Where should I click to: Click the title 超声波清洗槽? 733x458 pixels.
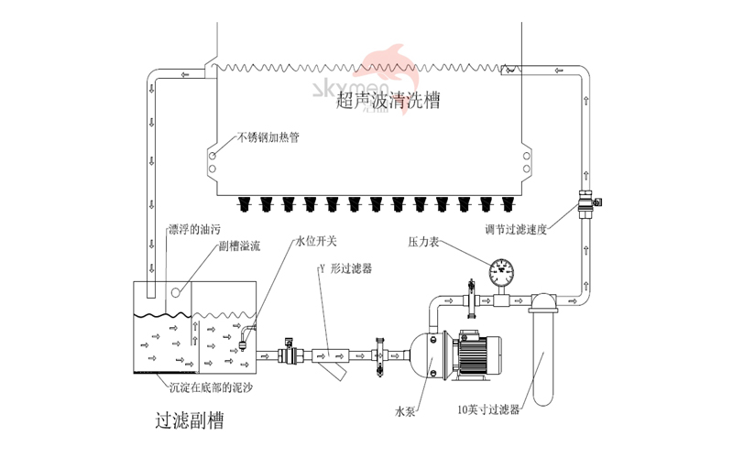coord(388,101)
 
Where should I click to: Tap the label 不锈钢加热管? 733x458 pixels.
coord(268,139)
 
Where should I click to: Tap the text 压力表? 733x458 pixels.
coord(424,243)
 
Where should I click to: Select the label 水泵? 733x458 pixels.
coord(407,412)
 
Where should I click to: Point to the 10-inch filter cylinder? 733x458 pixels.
coord(542,353)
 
